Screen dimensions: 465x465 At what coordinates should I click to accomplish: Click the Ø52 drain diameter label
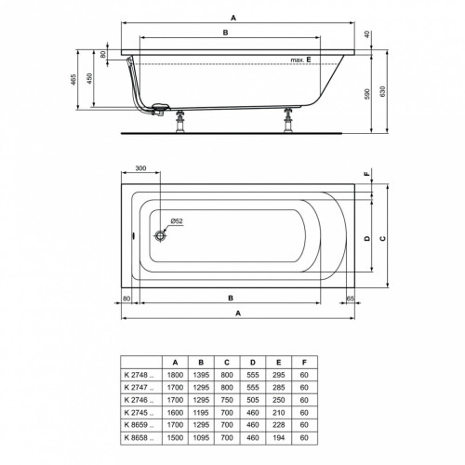[x=176, y=221]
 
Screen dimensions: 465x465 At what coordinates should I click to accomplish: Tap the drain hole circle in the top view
[x=161, y=236]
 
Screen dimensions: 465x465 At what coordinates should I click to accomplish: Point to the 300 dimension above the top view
[x=140, y=169]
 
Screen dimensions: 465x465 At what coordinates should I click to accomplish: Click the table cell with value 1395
[x=199, y=372]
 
